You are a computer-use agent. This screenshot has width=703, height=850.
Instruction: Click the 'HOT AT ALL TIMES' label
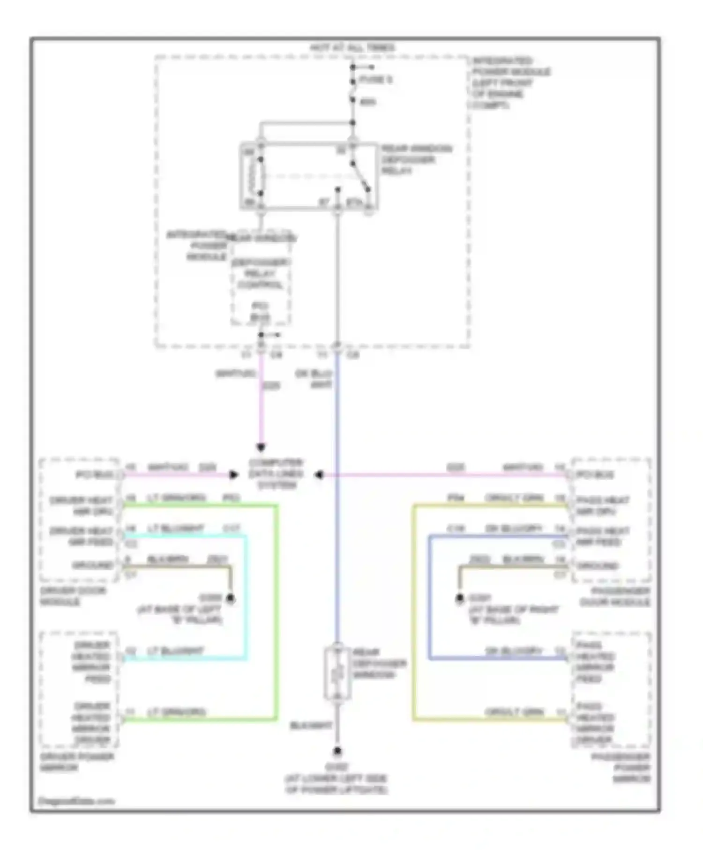tap(352, 48)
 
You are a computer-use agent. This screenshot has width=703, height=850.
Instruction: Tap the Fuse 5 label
tap(375, 80)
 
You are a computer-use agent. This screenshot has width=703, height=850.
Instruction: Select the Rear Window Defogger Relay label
tap(416, 160)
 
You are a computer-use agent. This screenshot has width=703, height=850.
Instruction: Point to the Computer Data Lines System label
tap(276, 474)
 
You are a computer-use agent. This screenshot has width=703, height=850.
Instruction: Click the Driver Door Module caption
tap(73, 596)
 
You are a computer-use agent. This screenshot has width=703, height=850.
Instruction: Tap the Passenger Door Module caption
tap(614, 596)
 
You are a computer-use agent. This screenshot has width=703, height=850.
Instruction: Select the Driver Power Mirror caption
tap(76, 762)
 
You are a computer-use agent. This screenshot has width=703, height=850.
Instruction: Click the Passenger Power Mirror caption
tap(621, 768)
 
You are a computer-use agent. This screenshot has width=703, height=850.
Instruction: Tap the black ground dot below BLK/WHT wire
tap(337, 752)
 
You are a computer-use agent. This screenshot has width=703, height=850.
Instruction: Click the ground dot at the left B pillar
tap(230, 598)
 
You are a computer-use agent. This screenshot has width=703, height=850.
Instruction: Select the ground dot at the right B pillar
tap(460, 598)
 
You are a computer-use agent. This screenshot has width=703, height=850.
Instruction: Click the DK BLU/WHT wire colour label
tap(314, 379)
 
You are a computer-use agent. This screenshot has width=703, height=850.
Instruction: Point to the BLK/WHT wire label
tap(311, 725)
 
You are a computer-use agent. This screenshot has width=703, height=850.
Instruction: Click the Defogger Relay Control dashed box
tap(260, 281)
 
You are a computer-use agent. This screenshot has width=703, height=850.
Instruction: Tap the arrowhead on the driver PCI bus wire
tap(233, 475)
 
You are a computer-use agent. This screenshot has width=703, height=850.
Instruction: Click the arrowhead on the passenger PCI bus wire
tap(319, 475)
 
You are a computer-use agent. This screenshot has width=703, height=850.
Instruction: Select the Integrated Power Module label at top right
tap(510, 83)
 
